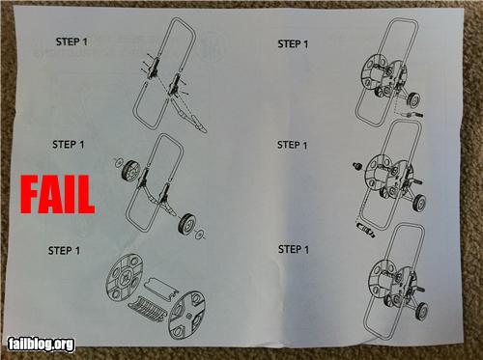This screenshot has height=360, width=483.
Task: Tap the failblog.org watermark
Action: pos(41,343)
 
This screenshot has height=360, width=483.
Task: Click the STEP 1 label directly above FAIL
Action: pos(69,144)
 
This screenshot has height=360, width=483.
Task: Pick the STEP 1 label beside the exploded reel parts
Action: pos(66,251)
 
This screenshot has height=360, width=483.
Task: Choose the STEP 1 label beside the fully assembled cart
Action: pos(295,248)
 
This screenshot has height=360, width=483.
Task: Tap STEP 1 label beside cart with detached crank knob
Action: pos(293,145)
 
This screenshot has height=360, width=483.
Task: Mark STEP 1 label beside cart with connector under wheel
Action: pos(294,44)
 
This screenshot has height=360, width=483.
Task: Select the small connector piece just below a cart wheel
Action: pos(408,114)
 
